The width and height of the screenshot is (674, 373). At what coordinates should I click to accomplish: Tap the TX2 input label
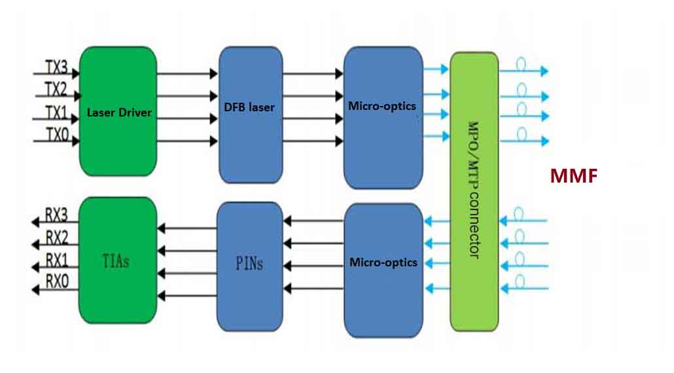tap(56, 89)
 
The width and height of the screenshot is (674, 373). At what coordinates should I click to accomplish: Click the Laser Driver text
tap(119, 113)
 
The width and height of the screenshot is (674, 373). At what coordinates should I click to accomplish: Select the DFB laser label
tap(249, 107)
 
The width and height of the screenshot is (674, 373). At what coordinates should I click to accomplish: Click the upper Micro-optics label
tap(382, 105)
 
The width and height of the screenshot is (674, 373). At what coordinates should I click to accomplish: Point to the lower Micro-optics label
tap(383, 262)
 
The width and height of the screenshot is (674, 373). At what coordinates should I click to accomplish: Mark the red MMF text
tap(574, 176)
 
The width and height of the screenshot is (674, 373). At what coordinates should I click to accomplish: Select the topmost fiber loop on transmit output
tap(522, 65)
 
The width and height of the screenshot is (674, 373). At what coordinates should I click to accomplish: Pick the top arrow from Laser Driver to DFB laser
tap(186, 74)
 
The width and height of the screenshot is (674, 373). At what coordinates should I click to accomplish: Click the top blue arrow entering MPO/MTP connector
tap(436, 68)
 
